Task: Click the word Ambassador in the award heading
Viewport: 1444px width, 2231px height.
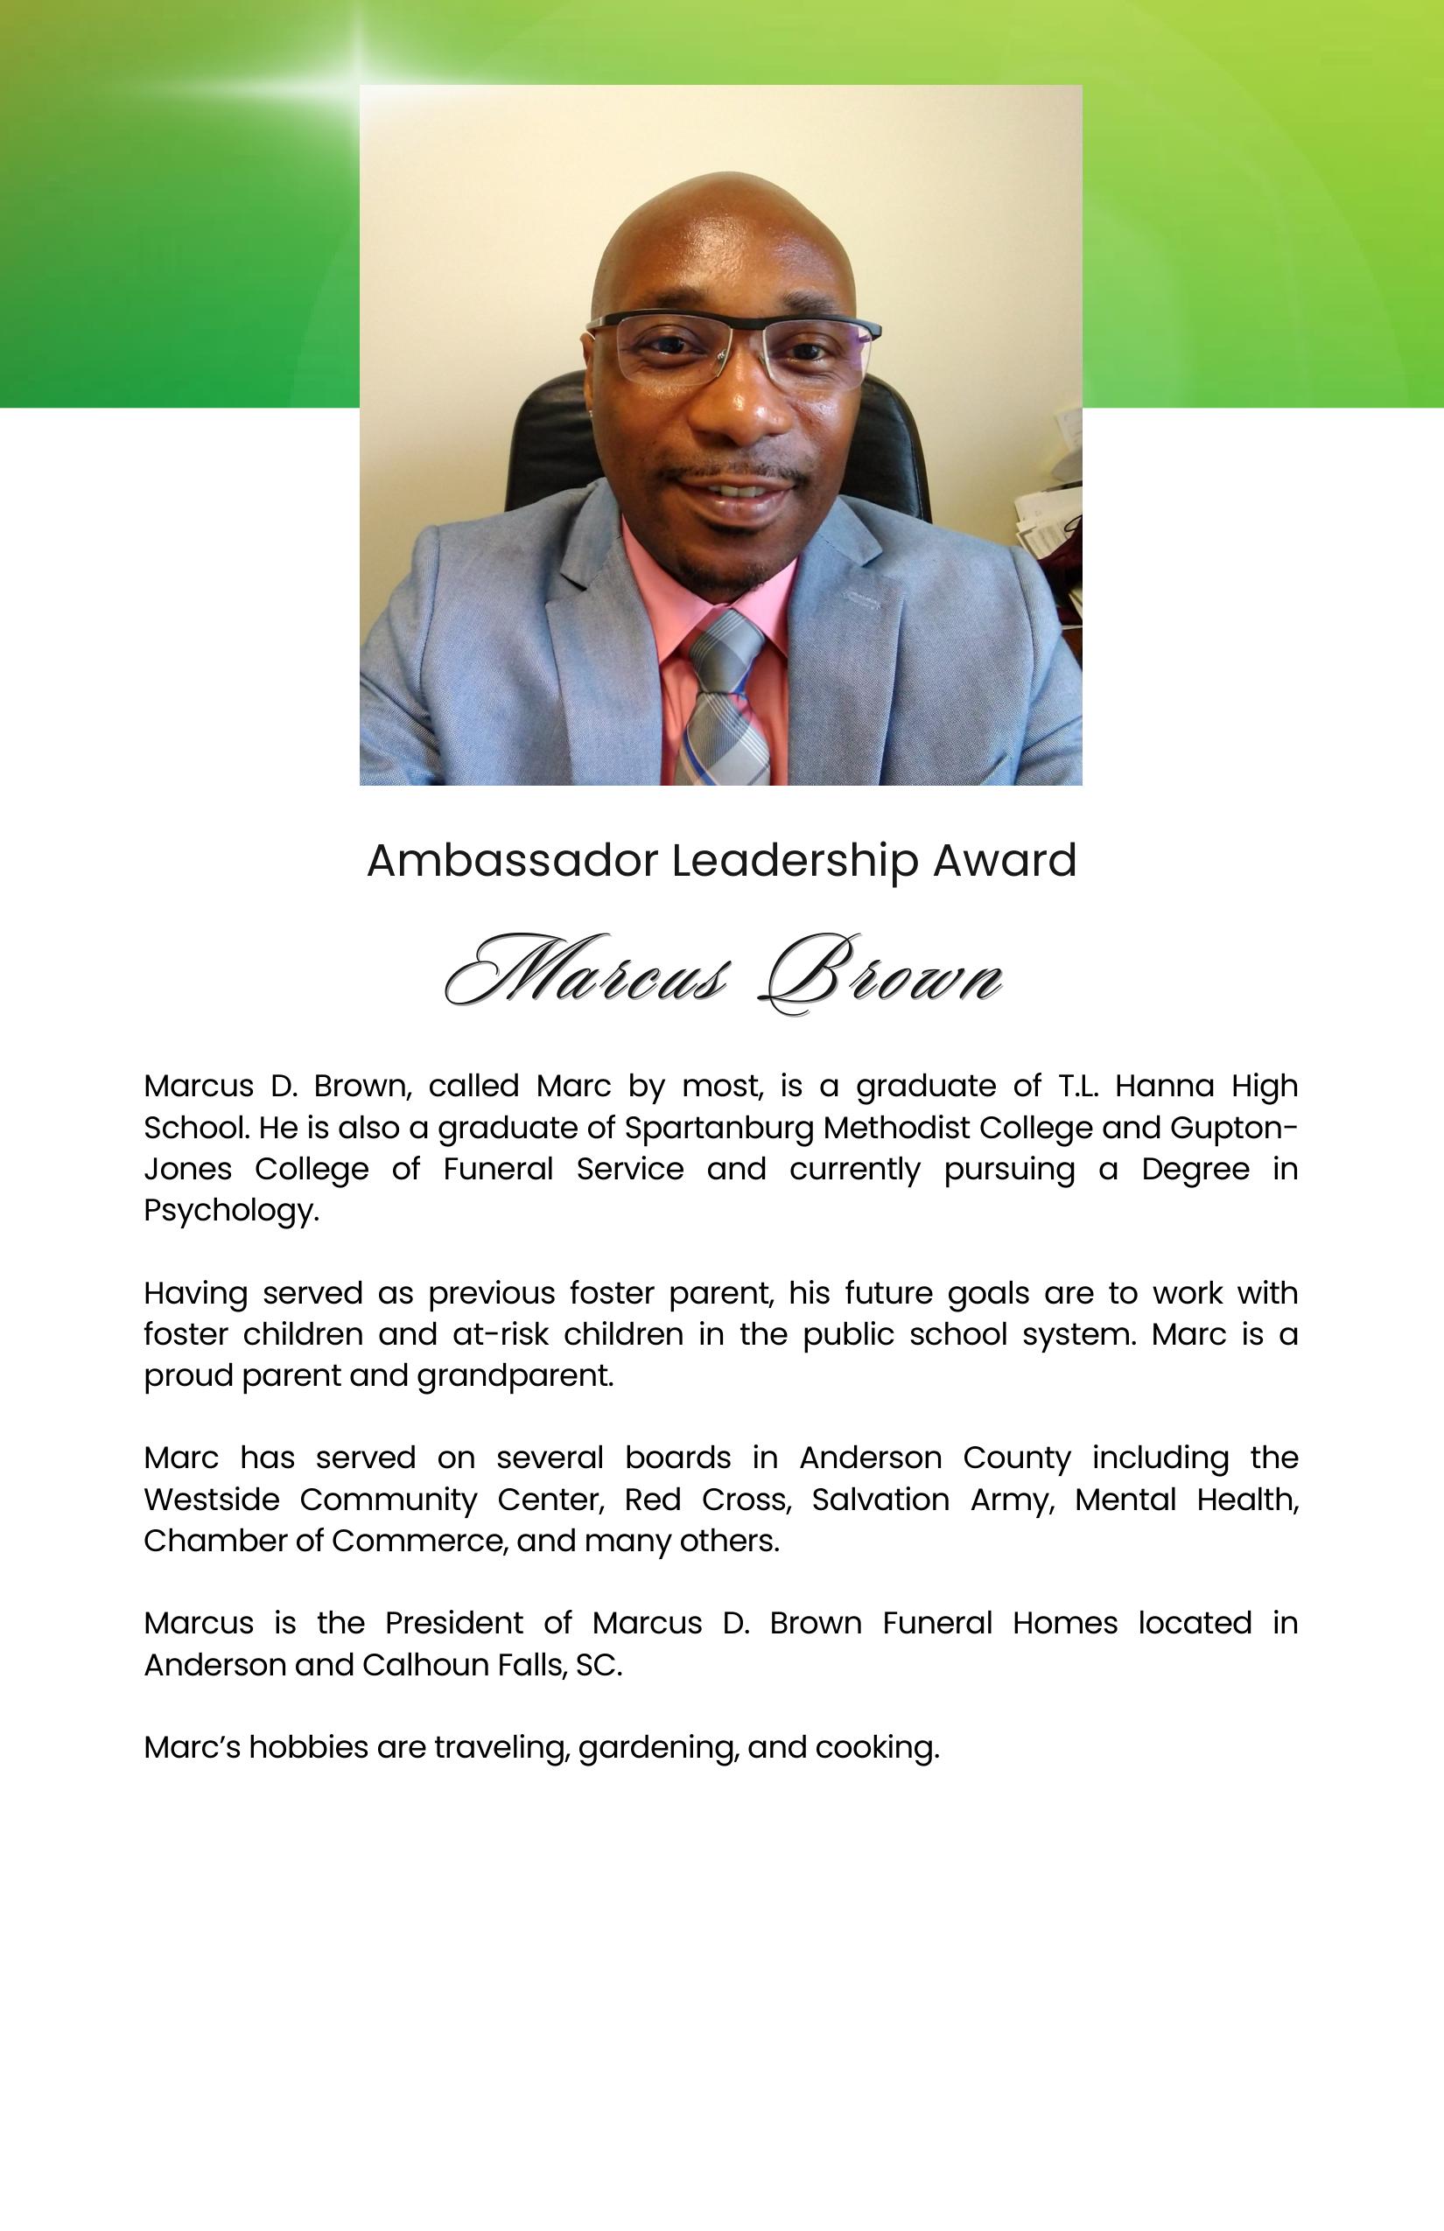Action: coord(511,861)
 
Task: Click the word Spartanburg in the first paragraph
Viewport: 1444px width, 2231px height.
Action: coord(718,1127)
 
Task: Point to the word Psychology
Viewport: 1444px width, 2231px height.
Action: coord(231,1210)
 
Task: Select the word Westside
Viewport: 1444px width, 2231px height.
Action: coord(211,1499)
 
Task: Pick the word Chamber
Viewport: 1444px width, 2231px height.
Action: coord(209,1540)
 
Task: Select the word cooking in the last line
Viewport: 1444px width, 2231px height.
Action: coord(877,1747)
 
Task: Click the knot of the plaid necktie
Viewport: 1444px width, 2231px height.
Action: coord(726,646)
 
